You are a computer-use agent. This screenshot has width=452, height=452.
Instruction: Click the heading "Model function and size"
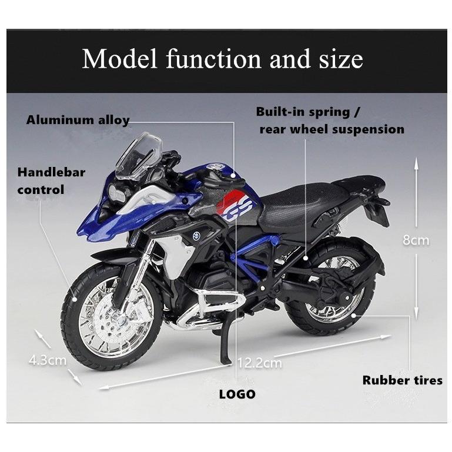pos(222,59)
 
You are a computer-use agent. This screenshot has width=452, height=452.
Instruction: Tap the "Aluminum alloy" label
pos(78,120)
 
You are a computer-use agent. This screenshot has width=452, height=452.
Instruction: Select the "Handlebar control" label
pos(51,181)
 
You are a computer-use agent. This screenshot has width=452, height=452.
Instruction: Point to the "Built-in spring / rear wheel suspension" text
pos(331,120)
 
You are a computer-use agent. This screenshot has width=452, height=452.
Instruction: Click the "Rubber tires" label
pos(402,380)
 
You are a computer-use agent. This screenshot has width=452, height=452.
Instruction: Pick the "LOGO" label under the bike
pos(237,394)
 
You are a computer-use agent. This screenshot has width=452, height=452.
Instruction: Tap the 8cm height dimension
pos(416,240)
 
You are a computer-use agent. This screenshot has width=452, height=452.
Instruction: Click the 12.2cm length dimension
pos(259,363)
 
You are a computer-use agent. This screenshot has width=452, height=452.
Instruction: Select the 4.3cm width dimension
pos(48,360)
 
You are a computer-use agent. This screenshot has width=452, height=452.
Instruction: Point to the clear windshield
pos(139,155)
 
